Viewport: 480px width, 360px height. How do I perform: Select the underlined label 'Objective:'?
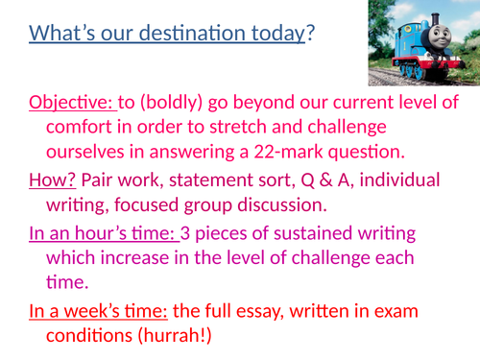[72, 103]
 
